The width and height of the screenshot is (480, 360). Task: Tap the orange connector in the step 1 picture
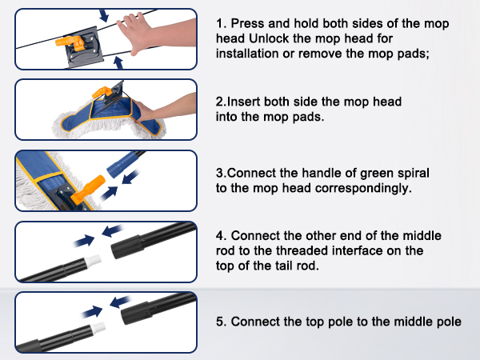pos(71,42)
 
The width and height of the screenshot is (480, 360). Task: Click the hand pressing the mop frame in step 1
pos(156,34)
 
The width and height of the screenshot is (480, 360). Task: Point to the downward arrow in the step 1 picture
pos(104,15)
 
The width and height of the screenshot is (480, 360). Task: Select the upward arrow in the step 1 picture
pos(118,62)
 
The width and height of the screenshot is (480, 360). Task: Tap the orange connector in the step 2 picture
pos(102,92)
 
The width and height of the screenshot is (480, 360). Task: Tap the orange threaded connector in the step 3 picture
pos(88,189)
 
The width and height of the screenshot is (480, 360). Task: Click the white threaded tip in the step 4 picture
pos(93,261)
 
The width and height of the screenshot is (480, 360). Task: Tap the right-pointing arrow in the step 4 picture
pos(84,241)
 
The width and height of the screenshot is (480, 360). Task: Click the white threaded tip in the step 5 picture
pos(98,329)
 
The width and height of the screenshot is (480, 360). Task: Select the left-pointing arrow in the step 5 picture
pos(120,302)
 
